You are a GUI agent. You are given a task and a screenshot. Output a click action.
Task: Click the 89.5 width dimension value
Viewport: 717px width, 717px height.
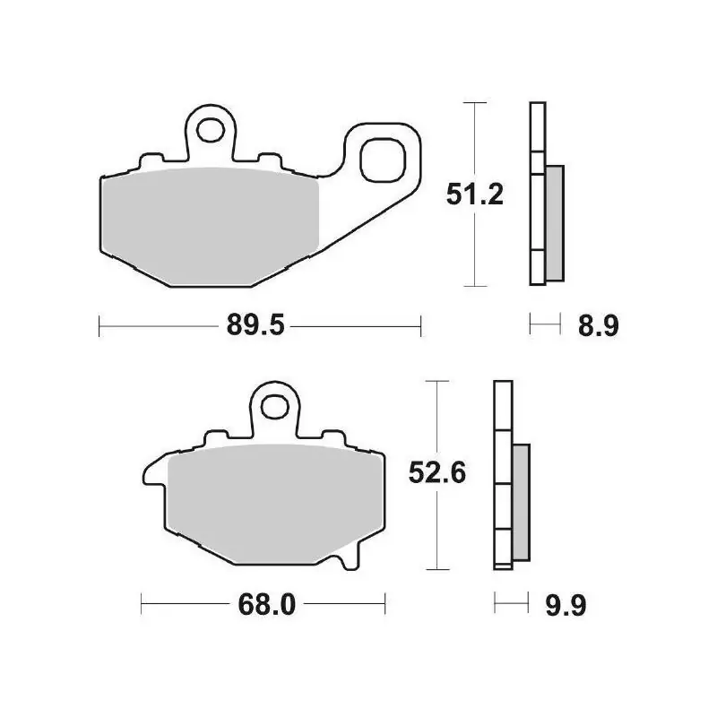click(x=255, y=326)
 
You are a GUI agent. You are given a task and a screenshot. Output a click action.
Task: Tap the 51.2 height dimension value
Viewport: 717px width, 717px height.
click(x=475, y=194)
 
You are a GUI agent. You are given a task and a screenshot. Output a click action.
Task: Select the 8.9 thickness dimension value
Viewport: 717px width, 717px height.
click(x=598, y=326)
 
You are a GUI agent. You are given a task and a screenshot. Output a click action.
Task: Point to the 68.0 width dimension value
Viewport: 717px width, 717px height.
click(x=266, y=604)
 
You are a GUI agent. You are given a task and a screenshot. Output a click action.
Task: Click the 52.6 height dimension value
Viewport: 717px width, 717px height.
click(x=437, y=472)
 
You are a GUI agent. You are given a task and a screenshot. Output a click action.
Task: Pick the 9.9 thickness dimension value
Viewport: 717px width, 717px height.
click(x=566, y=606)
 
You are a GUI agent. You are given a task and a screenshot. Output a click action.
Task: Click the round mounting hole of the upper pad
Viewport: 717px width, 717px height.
click(x=210, y=129)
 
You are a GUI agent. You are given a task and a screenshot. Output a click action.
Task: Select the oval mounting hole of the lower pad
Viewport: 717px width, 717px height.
click(x=275, y=406)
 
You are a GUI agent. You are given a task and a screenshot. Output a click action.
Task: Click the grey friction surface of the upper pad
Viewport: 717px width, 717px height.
click(x=211, y=227)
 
